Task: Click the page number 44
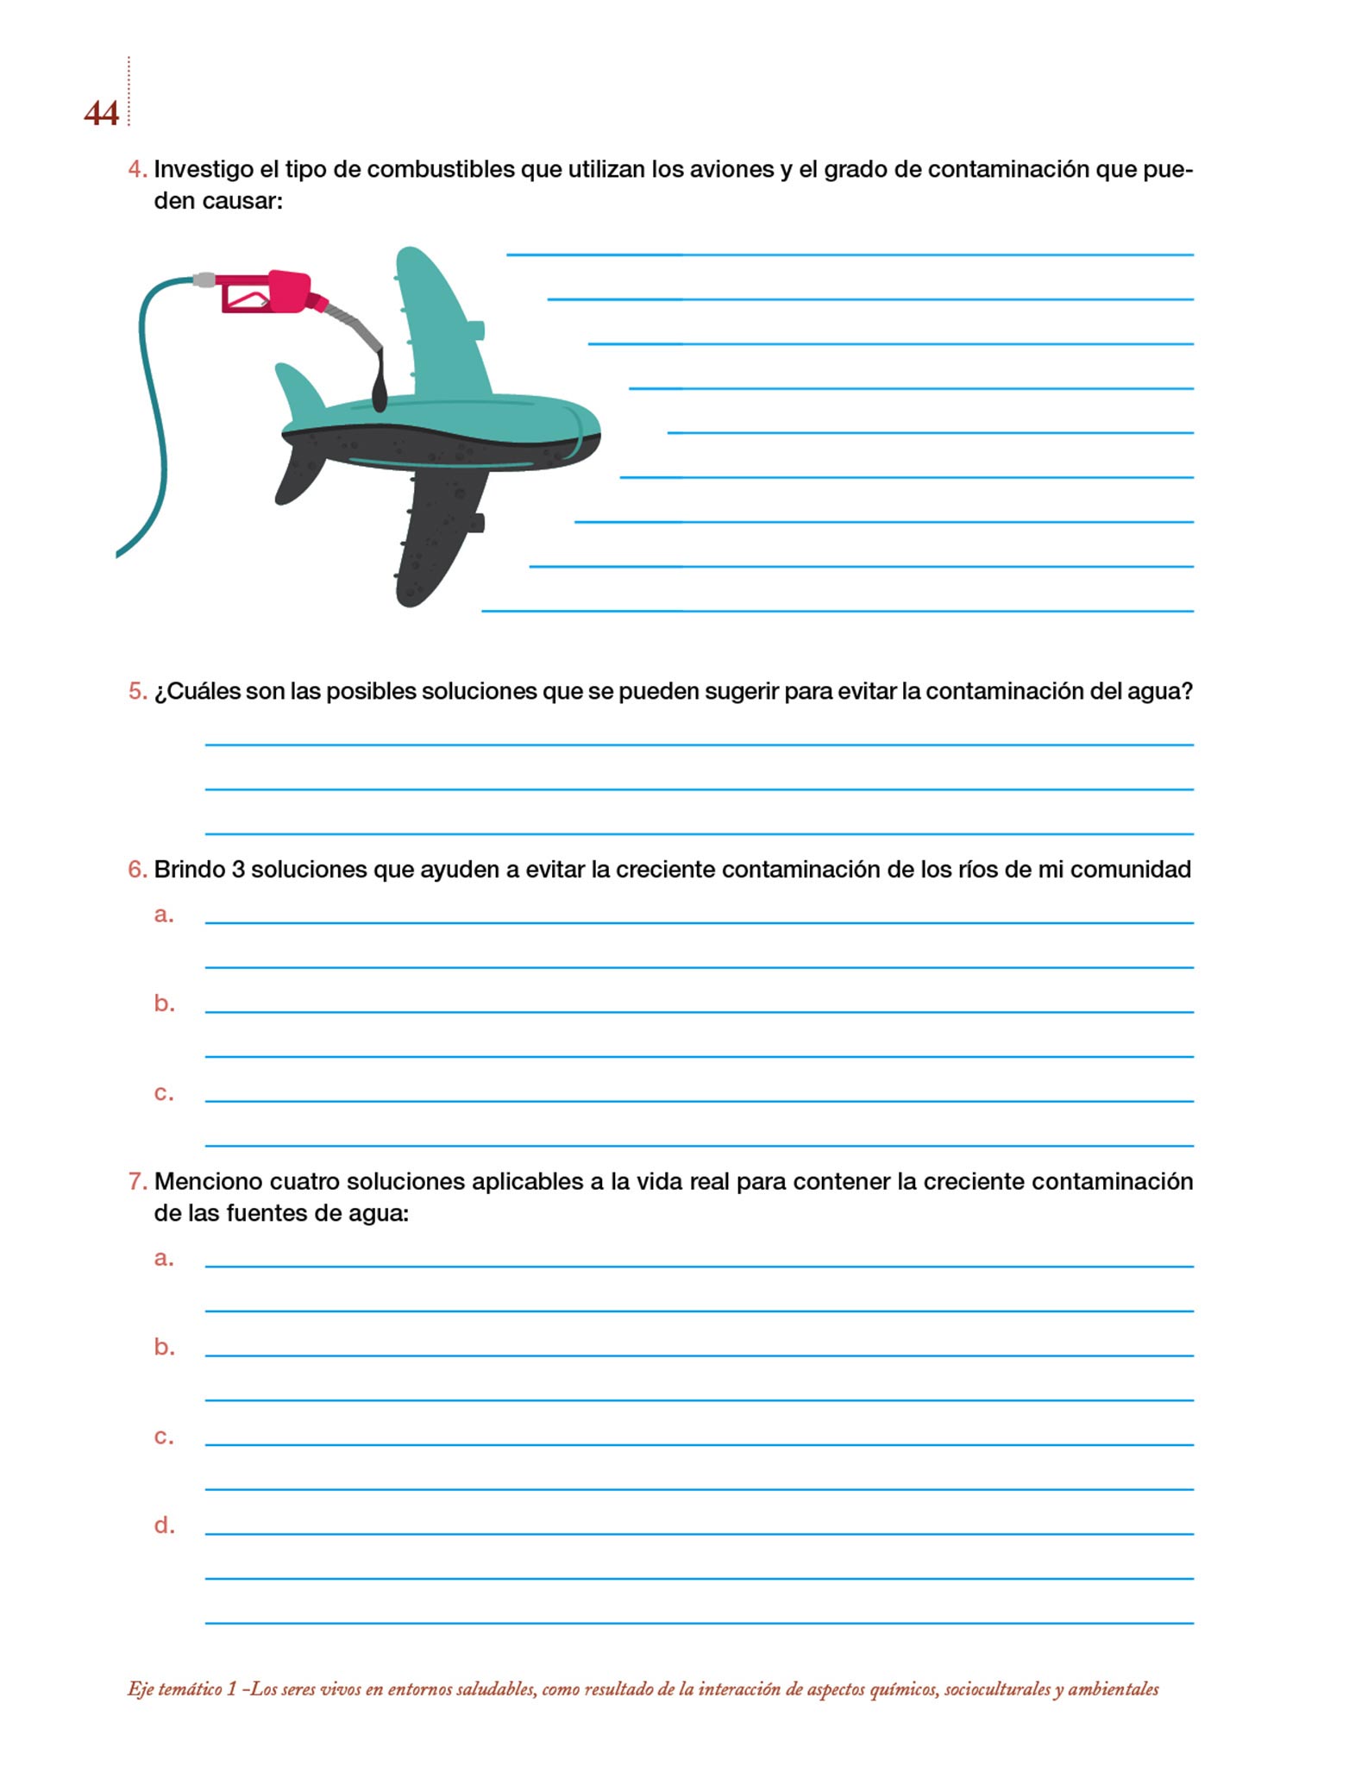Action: click(x=101, y=114)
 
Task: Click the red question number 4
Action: click(x=137, y=169)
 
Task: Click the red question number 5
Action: click(x=137, y=691)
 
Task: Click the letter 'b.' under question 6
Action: click(x=164, y=1003)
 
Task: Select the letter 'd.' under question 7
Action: click(x=164, y=1525)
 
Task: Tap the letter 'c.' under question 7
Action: click(x=164, y=1437)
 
